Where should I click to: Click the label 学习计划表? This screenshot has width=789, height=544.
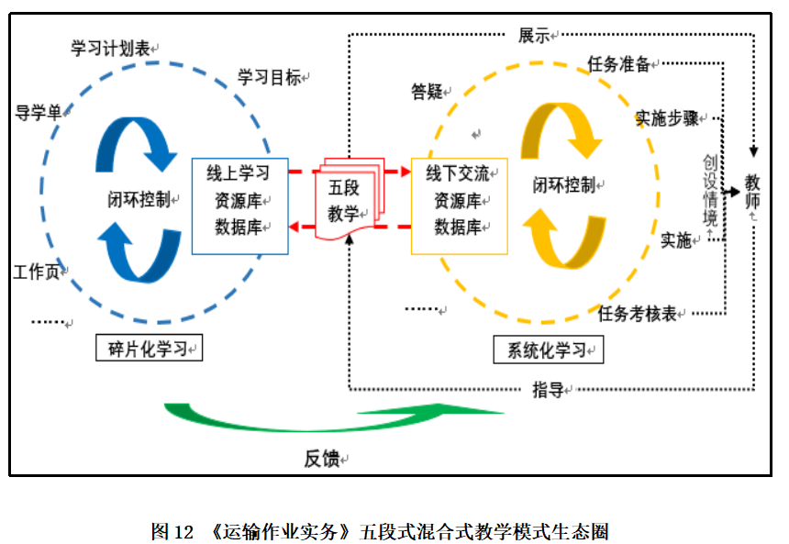(110, 49)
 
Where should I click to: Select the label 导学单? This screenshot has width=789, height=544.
(39, 113)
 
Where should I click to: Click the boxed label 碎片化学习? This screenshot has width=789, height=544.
(148, 349)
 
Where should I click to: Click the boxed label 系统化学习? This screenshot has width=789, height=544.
(545, 350)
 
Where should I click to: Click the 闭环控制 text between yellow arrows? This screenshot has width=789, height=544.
(564, 184)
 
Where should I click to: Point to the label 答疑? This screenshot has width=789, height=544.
(428, 91)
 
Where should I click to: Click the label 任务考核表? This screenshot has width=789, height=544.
(637, 314)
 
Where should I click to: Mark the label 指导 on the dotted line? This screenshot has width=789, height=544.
(548, 390)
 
